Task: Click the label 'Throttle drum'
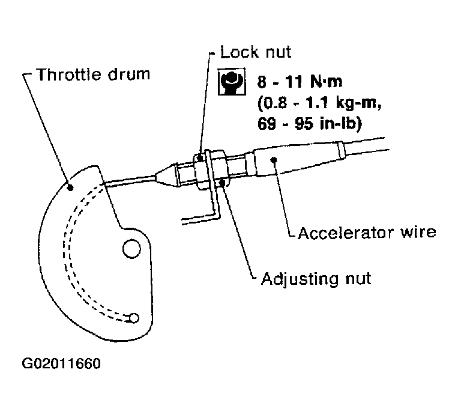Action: [94, 75]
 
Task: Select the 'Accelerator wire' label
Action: [367, 231]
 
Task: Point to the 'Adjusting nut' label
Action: [316, 278]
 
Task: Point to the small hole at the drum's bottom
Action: [134, 317]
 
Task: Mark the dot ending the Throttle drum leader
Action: [71, 187]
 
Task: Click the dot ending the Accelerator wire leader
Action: [274, 159]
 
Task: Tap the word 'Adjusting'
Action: [295, 278]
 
